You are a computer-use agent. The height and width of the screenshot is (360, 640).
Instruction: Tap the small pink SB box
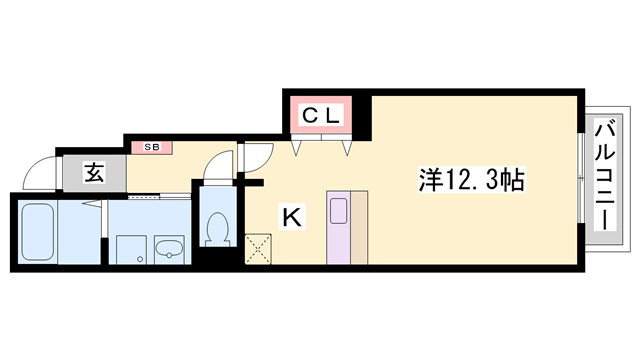pos(152,148)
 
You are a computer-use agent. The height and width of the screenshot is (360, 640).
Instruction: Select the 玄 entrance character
pos(93,173)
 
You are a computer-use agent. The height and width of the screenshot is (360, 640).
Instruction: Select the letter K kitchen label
pos(291,215)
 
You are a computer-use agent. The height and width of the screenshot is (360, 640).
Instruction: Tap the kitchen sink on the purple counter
pos(338,211)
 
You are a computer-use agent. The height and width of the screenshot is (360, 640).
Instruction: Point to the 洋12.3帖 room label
pos(470,180)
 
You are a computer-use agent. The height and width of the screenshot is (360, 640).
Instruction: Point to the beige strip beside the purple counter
pos(359,226)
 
